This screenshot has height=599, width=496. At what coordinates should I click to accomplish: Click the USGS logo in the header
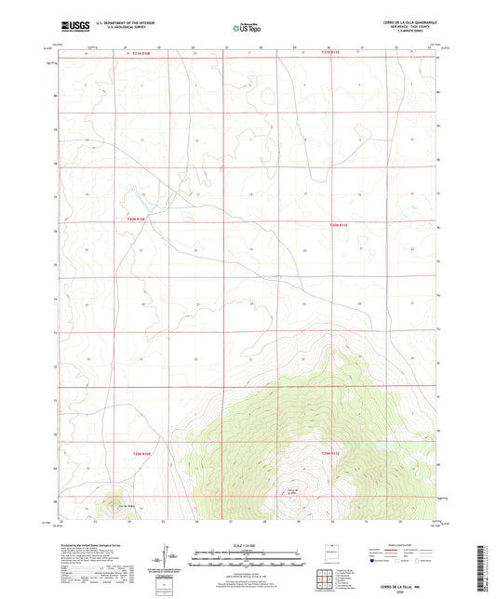tap(70, 28)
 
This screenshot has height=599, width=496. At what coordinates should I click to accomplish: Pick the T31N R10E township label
tap(133, 54)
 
